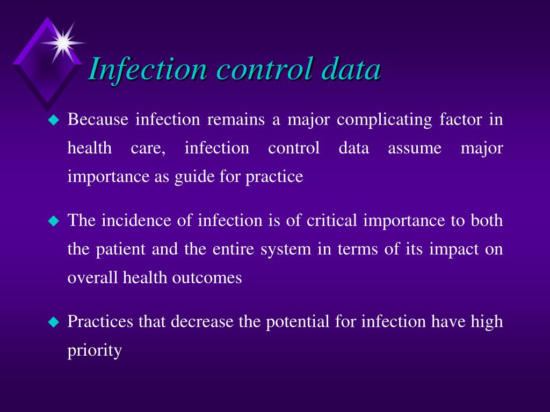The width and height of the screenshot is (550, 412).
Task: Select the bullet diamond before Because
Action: click(x=53, y=121)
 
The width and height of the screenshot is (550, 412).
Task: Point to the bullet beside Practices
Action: click(x=53, y=322)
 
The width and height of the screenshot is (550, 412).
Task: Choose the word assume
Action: click(x=415, y=149)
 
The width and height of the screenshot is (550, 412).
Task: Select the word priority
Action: click(x=95, y=351)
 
